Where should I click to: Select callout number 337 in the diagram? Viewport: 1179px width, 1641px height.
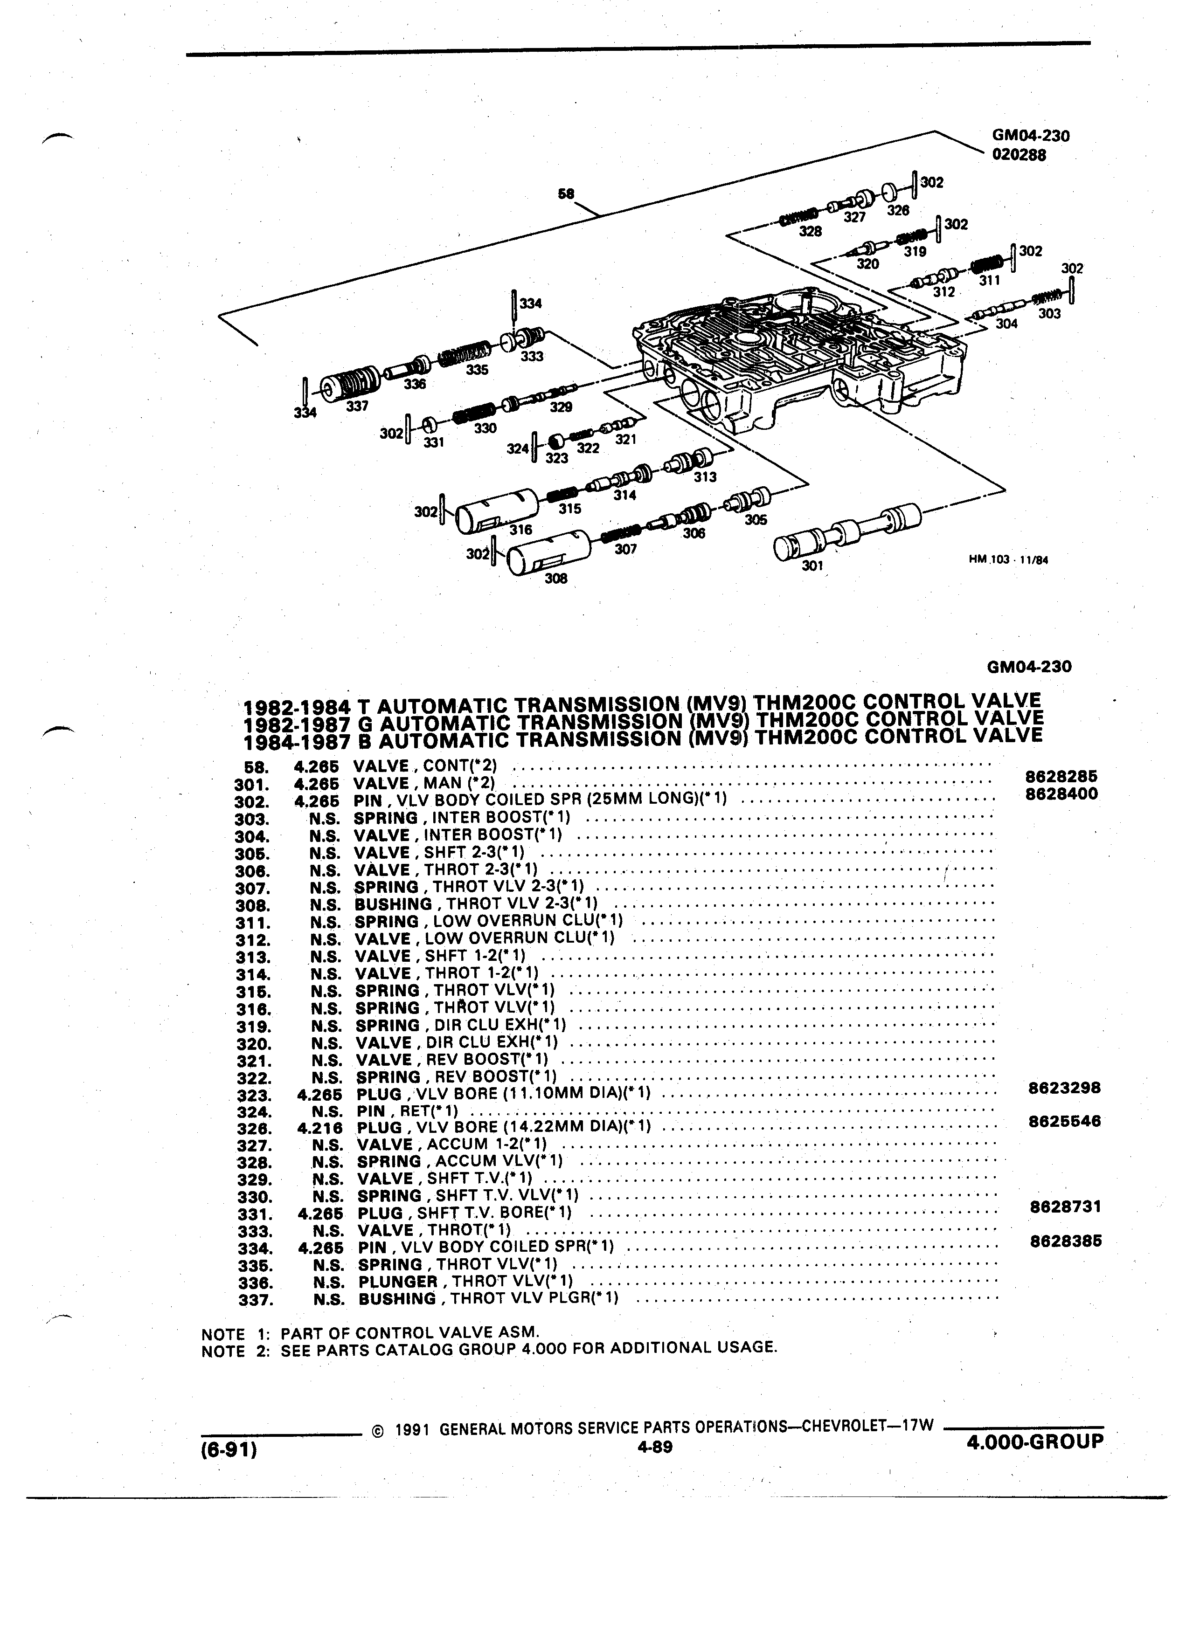[358, 407]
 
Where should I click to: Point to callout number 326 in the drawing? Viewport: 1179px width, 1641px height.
[898, 211]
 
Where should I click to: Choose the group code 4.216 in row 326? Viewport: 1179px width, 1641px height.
[319, 1128]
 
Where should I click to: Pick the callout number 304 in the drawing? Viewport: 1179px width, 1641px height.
[1006, 324]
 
